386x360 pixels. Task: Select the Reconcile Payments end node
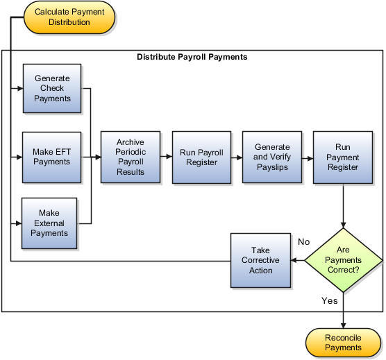click(x=343, y=342)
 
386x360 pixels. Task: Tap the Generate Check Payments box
click(x=53, y=89)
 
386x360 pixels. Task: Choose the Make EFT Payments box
click(x=53, y=157)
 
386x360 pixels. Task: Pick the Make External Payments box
click(x=53, y=223)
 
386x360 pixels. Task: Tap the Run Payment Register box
click(x=343, y=157)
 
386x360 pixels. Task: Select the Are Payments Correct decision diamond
click(x=343, y=260)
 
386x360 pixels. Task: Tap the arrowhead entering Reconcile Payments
click(x=343, y=323)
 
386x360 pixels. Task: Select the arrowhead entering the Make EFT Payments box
click(x=19, y=157)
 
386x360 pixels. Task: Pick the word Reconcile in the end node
click(x=343, y=336)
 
